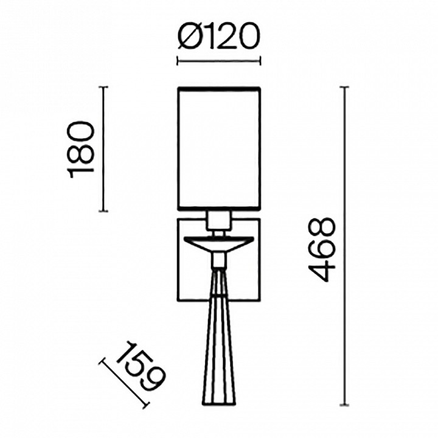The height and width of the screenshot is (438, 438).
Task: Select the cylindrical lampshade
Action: click(x=218, y=148)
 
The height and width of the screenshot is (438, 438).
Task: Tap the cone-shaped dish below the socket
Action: click(x=218, y=243)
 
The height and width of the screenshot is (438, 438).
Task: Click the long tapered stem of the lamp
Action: click(x=218, y=341)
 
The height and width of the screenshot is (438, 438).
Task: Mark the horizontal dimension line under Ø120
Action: click(x=218, y=60)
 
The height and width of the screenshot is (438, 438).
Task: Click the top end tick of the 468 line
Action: click(x=346, y=88)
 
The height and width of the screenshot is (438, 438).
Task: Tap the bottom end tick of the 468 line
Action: click(x=346, y=405)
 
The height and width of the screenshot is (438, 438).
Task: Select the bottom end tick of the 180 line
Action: click(x=103, y=211)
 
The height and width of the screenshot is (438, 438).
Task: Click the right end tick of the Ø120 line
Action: click(x=260, y=60)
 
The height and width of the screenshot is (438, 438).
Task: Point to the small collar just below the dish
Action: click(x=218, y=260)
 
